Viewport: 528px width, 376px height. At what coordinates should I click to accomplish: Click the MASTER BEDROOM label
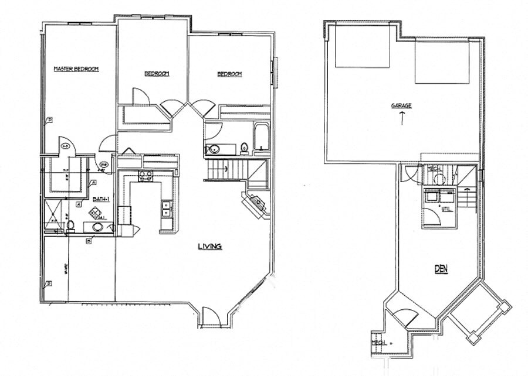(76, 69)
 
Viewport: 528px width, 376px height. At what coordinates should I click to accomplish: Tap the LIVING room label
(209, 247)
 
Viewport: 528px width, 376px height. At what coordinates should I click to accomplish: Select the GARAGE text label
(402, 106)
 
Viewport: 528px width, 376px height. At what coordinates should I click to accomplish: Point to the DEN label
(441, 270)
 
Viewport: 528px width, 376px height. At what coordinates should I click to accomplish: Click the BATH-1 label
(101, 200)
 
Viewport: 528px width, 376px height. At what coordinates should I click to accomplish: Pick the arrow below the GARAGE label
(402, 118)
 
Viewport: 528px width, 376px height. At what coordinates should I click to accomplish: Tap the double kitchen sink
(167, 206)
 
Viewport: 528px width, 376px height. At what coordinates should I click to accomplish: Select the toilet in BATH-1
(70, 225)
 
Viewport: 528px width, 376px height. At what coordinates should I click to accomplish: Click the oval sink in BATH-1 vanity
(97, 227)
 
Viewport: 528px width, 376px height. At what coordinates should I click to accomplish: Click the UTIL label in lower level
(446, 208)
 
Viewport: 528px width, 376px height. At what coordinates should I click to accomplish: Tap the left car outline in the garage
(363, 47)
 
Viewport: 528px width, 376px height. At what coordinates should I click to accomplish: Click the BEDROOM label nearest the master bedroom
(157, 74)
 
